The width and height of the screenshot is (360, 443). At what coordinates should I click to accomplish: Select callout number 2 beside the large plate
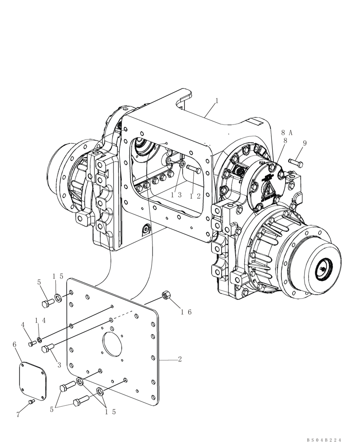pyautogui.click(x=180, y=359)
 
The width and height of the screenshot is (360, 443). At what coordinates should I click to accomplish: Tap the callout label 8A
pyautogui.click(x=287, y=132)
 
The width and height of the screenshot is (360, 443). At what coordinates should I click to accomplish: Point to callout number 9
pyautogui.click(x=305, y=144)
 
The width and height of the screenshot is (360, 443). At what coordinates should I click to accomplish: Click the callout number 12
pyautogui.click(x=193, y=195)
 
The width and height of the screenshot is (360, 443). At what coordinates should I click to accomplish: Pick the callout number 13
pyautogui.click(x=176, y=195)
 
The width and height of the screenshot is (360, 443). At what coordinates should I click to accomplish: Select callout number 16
pyautogui.click(x=186, y=312)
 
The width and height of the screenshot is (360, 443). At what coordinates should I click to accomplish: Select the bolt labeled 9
pyautogui.click(x=296, y=163)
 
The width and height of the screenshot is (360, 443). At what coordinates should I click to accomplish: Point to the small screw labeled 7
pyautogui.click(x=31, y=402)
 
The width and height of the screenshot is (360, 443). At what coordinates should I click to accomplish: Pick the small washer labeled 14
pyautogui.click(x=39, y=340)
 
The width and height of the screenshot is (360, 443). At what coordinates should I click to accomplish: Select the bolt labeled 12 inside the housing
pyautogui.click(x=194, y=169)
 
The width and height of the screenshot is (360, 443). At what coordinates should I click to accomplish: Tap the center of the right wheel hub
pyautogui.click(x=323, y=269)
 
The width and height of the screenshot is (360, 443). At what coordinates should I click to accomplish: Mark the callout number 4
pyautogui.click(x=23, y=326)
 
